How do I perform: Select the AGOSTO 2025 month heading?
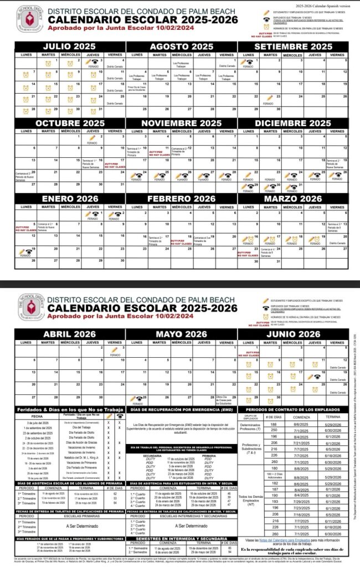tap(181, 47)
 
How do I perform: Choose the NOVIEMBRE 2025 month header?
tap(181, 123)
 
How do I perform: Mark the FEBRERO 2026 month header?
tap(181, 199)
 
